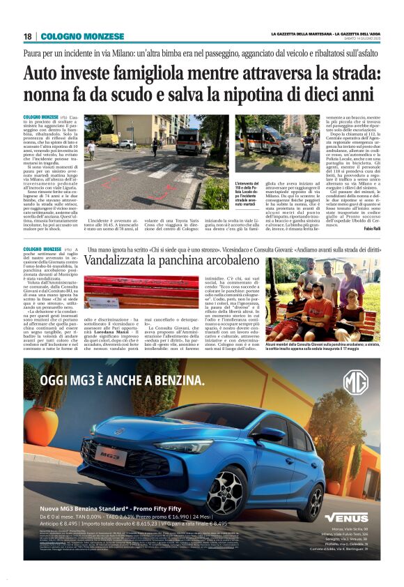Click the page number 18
click(27, 36)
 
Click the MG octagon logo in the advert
click(355, 383)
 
